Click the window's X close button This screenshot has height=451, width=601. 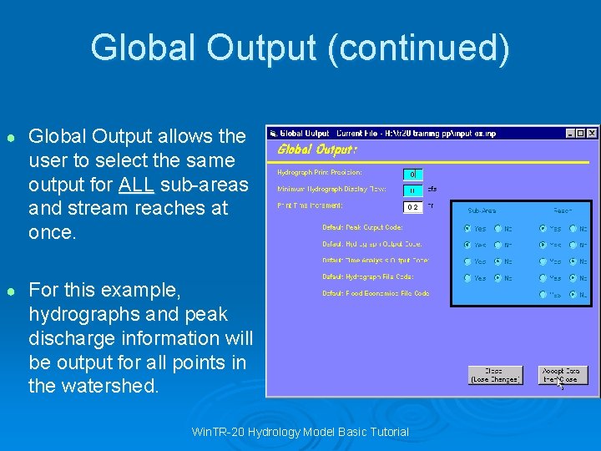pyautogui.click(x=592, y=133)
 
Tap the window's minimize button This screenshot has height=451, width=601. pyautogui.click(x=569, y=133)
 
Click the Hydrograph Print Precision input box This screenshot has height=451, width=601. pyautogui.click(x=412, y=174)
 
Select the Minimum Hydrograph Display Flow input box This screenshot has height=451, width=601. pyautogui.click(x=412, y=190)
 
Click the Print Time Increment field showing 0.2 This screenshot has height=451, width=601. pyautogui.click(x=412, y=206)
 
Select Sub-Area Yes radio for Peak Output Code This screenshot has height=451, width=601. pyautogui.click(x=467, y=228)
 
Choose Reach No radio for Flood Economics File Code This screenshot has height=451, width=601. pyautogui.click(x=573, y=294)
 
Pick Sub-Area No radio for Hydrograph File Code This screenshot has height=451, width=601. pyautogui.click(x=497, y=277)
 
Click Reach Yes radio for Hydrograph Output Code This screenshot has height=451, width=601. pyautogui.click(x=543, y=245)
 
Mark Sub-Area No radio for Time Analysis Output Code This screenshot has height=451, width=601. pyautogui.click(x=497, y=261)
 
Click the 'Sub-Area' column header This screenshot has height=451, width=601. pyautogui.click(x=482, y=212)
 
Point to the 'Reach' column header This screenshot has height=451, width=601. pyautogui.click(x=562, y=212)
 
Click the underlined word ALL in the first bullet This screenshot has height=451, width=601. pyautogui.click(x=134, y=184)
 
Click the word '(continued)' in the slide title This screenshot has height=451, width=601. pyautogui.click(x=418, y=48)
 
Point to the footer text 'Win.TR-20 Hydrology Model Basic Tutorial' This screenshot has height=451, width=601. pyautogui.click(x=300, y=432)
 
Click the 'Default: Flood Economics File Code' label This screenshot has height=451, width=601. pyautogui.click(x=376, y=294)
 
